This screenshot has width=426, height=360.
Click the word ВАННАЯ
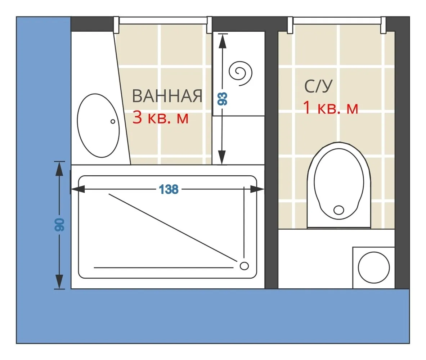point(167,96)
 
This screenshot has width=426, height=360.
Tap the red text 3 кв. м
point(160,118)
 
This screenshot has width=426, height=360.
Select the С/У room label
point(318,86)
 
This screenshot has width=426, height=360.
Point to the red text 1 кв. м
point(331,108)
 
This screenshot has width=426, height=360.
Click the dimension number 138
point(169,189)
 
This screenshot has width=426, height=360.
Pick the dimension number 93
point(223,99)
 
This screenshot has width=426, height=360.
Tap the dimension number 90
point(59,225)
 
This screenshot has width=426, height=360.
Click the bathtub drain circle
point(244,266)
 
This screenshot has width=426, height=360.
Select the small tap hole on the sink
point(113,121)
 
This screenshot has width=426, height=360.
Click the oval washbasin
point(98,126)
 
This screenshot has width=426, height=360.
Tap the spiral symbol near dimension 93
point(240,73)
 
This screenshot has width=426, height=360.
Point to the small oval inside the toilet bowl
point(339,210)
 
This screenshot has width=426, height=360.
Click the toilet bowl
point(339,185)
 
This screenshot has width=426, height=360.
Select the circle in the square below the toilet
point(374,267)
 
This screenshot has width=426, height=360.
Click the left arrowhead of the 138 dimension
point(78,189)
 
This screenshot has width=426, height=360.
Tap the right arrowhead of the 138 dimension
point(257,189)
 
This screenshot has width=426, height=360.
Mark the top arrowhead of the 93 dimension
point(223,41)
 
